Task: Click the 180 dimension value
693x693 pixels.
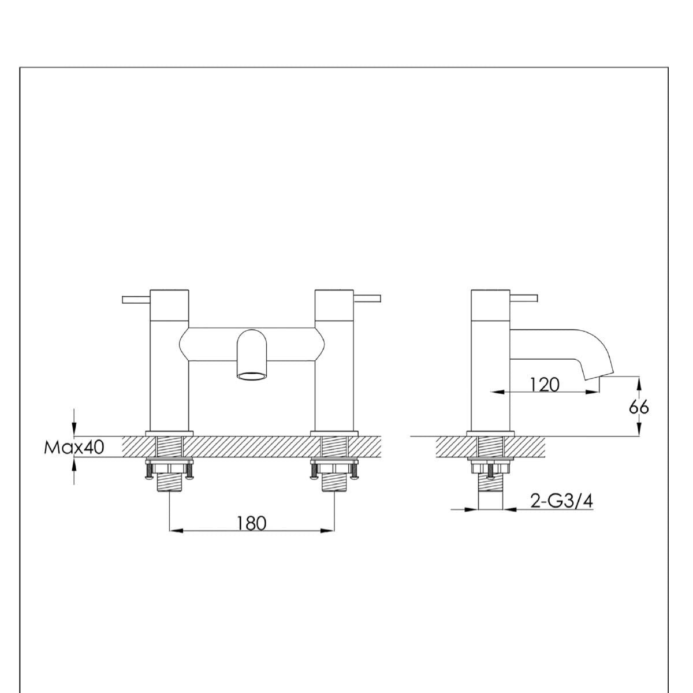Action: pos(251,523)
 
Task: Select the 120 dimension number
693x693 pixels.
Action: pos(545,384)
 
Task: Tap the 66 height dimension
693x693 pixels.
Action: pos(639,407)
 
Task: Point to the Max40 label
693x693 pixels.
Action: pos(74,447)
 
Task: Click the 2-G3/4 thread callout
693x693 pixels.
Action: pos(561,501)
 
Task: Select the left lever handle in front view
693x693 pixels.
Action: pos(136,299)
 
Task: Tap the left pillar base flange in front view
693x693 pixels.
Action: pos(169,433)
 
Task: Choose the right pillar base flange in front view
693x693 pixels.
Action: pos(334,433)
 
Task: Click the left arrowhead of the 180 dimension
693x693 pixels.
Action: pos(174,530)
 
